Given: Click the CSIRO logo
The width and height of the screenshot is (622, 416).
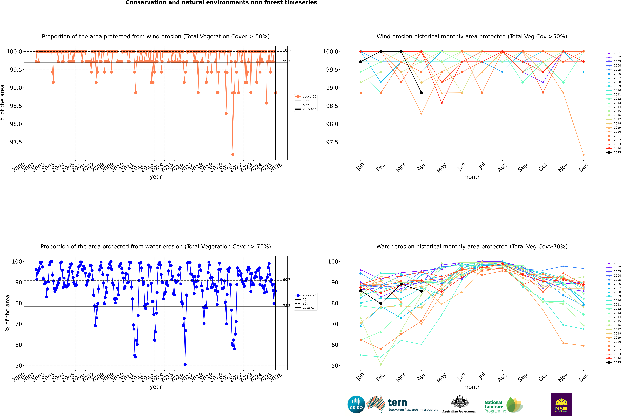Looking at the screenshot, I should click(356, 404).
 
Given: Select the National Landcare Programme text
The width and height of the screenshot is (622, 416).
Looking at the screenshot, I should click(494, 406).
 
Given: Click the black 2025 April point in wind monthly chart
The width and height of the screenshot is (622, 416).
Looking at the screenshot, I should click(421, 93).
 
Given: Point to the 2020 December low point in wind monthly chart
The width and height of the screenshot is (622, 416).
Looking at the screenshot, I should click(583, 155).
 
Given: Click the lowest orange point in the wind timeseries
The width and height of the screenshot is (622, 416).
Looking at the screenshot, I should click(233, 154).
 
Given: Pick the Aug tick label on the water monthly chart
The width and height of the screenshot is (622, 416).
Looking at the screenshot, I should click(502, 377).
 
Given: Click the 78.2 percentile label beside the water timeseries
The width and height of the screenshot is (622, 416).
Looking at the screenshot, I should click(287, 306).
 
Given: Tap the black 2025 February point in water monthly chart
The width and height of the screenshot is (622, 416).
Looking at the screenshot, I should click(381, 304).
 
